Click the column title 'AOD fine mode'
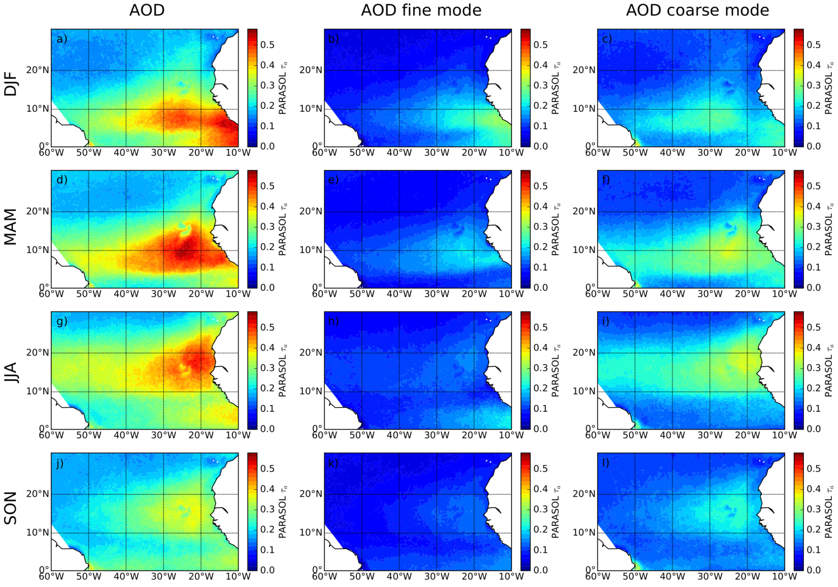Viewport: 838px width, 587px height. [421, 10]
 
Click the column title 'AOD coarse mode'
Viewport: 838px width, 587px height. [697, 10]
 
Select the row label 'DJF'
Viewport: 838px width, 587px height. [10, 84]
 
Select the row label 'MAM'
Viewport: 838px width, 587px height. [10, 227]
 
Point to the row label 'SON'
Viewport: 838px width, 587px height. [10, 508]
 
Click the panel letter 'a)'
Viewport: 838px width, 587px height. [62, 39]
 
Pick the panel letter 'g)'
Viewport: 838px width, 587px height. [62, 322]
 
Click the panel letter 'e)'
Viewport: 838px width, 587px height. [334, 180]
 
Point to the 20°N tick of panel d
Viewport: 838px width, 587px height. [38, 211]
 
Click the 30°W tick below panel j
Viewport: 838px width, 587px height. [164, 577]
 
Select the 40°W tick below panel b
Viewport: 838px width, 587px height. [399, 152]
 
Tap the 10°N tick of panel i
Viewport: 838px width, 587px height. [584, 391]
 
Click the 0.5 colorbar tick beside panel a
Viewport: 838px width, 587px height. [267, 45]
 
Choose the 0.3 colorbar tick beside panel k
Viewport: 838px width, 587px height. [540, 509]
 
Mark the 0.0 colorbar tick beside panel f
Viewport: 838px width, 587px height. [814, 287]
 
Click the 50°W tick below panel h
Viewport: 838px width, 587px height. [362, 435]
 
